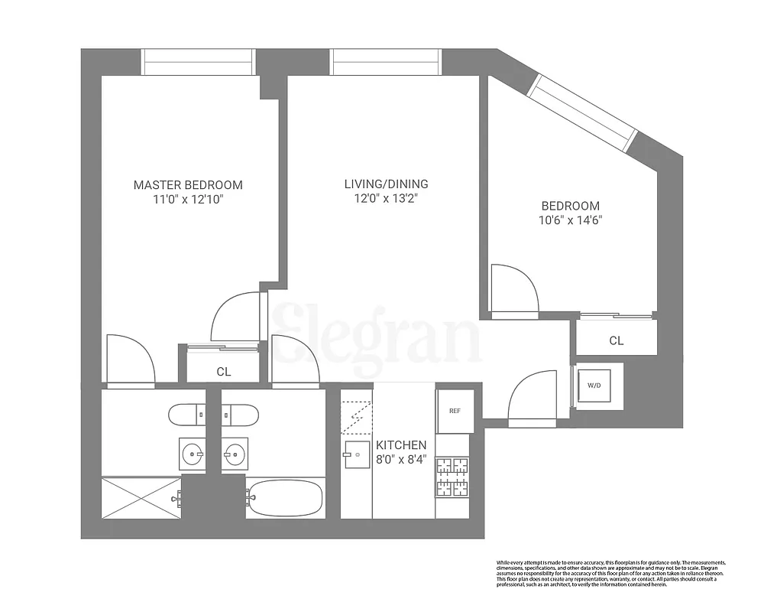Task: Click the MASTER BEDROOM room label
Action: coord(188,184)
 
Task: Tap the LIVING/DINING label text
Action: coord(386,184)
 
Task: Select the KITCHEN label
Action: coord(401,445)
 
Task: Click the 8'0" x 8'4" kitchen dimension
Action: coord(401,461)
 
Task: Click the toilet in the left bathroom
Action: coord(188,414)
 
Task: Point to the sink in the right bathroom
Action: coord(235,454)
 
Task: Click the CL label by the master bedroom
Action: coord(224,373)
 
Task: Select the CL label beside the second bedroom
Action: coord(617,341)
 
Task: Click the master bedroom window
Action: coord(198,62)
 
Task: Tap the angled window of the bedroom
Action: coord(585,112)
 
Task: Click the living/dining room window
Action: coord(387,62)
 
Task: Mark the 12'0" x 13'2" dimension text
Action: coord(386,199)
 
